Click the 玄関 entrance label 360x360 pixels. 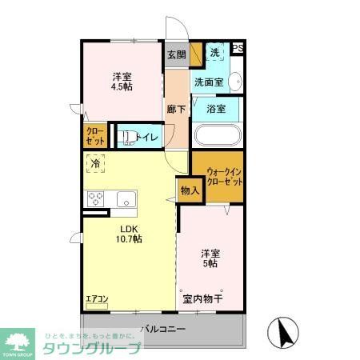pyautogui.click(x=176, y=54)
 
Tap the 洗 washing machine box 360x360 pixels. pyautogui.click(x=214, y=53)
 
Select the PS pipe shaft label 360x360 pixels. pyautogui.click(x=237, y=48)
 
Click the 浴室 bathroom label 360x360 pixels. pyautogui.click(x=216, y=108)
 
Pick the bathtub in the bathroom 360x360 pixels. pyautogui.click(x=216, y=134)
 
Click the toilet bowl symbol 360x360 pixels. pyautogui.click(x=126, y=137)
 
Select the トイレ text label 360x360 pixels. pyautogui.click(x=147, y=137)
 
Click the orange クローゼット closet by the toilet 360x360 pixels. pyautogui.click(x=94, y=136)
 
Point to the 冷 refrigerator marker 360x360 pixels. pyautogui.click(x=95, y=163)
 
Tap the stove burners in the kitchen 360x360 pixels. pyautogui.click(x=96, y=198)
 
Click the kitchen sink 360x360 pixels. pyautogui.click(x=126, y=198)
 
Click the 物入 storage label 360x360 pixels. pyautogui.click(x=189, y=190)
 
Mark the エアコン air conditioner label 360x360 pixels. pyautogui.click(x=97, y=299)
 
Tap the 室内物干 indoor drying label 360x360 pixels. pyautogui.click(x=202, y=299)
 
